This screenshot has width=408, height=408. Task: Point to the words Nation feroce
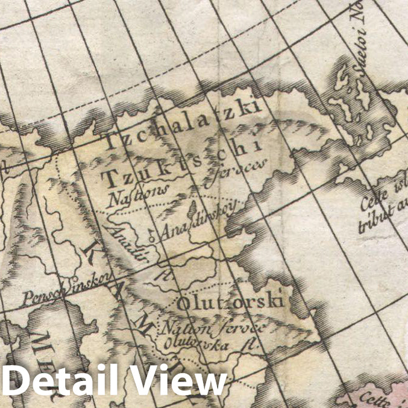(211, 329)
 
